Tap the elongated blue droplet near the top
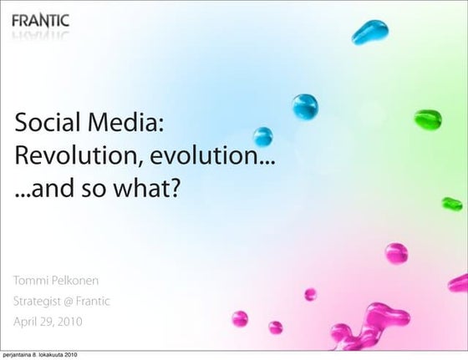tap(370, 33)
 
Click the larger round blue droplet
tap(305, 106)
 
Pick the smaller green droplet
tap(452, 203)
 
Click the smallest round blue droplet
tap(263, 136)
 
